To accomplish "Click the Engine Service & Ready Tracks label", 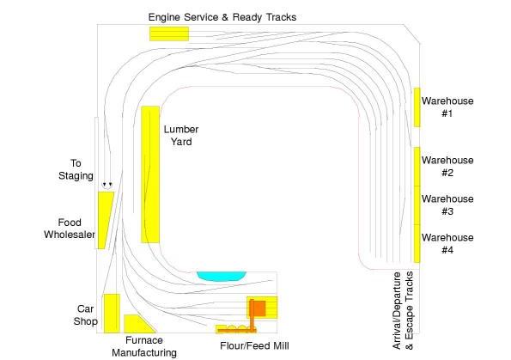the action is click(x=222, y=17).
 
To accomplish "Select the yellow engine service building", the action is click(x=169, y=34).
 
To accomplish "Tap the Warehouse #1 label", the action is click(x=447, y=107).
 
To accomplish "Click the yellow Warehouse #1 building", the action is click(x=417, y=107).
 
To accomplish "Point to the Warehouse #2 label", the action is click(x=447, y=167).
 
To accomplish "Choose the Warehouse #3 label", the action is click(x=447, y=205).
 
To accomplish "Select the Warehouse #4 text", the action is click(x=447, y=244).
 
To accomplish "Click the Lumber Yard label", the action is click(x=181, y=136).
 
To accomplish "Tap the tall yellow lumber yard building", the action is click(x=150, y=174).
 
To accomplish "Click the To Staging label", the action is click(x=76, y=169).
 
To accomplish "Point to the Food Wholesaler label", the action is click(x=70, y=229).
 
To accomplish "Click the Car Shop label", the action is click(x=85, y=315).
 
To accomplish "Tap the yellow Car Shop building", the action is click(x=112, y=314).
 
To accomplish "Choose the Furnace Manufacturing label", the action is click(x=144, y=346).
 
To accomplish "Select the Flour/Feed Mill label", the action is click(x=254, y=345).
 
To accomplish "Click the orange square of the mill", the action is click(x=259, y=308).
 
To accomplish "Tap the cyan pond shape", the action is click(x=222, y=276).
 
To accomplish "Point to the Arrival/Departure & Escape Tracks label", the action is click(x=403, y=310).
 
